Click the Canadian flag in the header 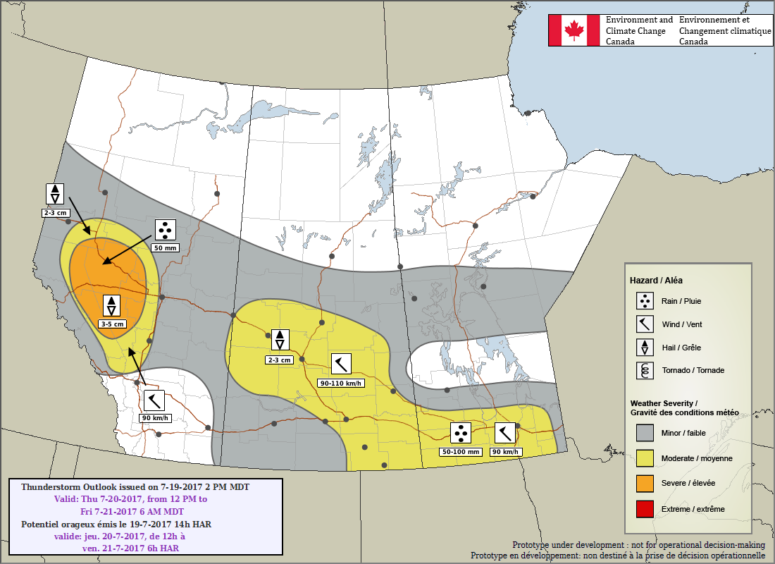click(574, 30)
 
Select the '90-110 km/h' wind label click(341, 383)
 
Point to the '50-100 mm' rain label click(461, 451)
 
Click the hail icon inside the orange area click(111, 306)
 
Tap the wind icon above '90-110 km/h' click(341, 364)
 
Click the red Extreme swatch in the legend click(645, 508)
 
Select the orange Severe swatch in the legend click(645, 483)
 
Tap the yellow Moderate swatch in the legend click(645, 458)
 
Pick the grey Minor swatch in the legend click(645, 432)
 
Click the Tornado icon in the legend click(645, 370)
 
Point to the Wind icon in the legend click(645, 324)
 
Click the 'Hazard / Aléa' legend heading click(656, 280)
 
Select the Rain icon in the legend click(645, 301)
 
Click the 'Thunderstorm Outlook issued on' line click(135, 487)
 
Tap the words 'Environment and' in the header click(639, 20)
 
